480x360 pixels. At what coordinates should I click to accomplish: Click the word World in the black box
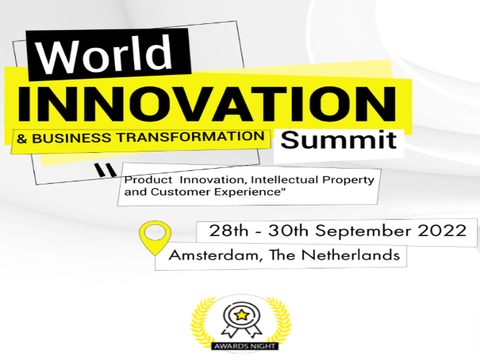(x=104, y=54)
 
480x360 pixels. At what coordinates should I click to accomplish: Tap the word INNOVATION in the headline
(x=207, y=103)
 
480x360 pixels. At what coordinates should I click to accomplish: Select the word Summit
(x=338, y=139)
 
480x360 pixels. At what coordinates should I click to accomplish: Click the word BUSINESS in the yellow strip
(x=72, y=138)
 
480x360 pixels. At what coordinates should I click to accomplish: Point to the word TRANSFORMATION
(x=191, y=136)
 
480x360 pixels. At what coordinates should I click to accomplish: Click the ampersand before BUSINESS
(x=22, y=139)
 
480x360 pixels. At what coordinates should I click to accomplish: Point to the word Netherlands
(x=351, y=255)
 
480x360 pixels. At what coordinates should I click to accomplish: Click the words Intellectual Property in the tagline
(x=312, y=180)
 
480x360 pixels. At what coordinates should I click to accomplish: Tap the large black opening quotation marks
(x=105, y=171)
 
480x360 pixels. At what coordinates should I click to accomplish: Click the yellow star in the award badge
(x=241, y=314)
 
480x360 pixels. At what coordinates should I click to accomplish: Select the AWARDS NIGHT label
(x=245, y=346)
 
